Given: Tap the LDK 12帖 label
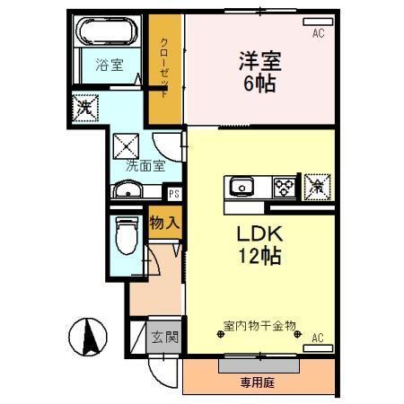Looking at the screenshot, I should [259, 244].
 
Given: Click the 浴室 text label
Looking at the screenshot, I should [110, 65].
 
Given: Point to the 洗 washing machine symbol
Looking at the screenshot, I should [83, 104].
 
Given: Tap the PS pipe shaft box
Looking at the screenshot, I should [174, 191].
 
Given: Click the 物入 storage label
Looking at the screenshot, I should [164, 222].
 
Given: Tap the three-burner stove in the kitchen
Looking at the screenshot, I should [285, 187].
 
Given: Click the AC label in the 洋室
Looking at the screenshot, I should [318, 34].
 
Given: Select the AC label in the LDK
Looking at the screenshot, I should [318, 338].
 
